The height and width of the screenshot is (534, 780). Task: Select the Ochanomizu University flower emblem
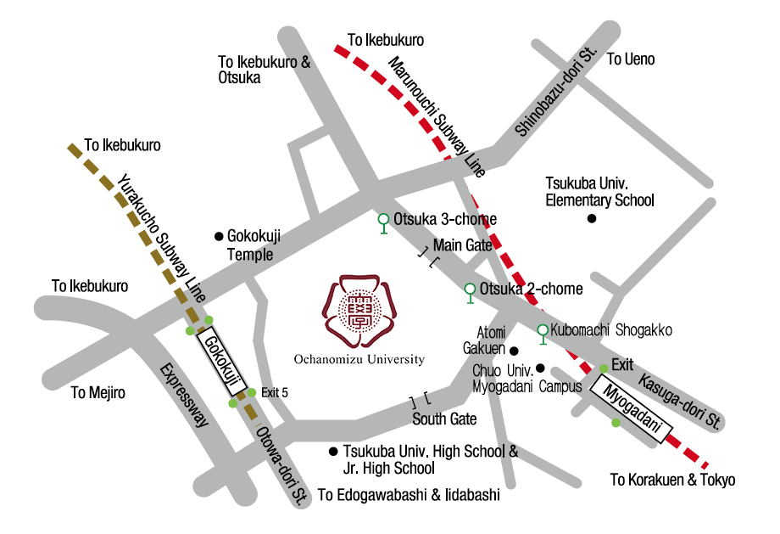tap(359, 311)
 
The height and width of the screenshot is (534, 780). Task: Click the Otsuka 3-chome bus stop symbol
tap(383, 222)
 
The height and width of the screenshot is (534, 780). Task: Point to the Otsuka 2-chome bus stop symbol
tap(471, 291)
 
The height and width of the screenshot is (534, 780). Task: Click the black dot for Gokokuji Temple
tap(219, 235)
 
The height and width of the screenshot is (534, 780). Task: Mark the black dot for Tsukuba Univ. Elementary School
tap(593, 219)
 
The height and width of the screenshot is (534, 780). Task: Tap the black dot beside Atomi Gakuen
tap(514, 350)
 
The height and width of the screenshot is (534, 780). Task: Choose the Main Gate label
tap(462, 245)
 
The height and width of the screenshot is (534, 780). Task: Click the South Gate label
tap(444, 419)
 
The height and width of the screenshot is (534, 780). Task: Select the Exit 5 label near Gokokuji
tap(275, 392)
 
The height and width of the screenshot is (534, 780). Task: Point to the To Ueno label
tap(631, 59)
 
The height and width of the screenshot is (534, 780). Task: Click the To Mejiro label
tap(97, 392)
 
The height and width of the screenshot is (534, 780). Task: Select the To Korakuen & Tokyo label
tap(672, 481)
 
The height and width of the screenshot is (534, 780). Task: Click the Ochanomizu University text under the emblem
tap(359, 360)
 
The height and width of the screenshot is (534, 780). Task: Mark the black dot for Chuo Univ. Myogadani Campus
tap(540, 368)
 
